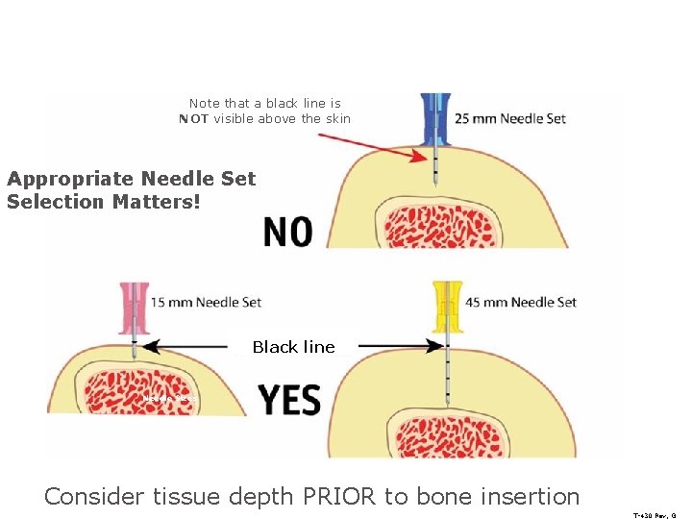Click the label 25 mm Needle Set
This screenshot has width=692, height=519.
509,119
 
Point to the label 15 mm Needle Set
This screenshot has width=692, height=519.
206,302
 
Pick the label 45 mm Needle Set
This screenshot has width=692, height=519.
521,302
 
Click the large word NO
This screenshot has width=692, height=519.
287,232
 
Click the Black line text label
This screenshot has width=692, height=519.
293,347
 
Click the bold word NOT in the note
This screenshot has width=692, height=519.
194,119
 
